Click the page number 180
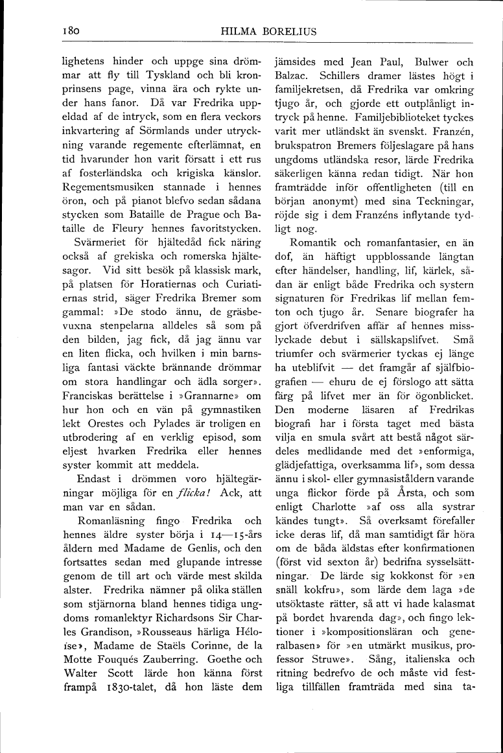(x=70, y=30)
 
